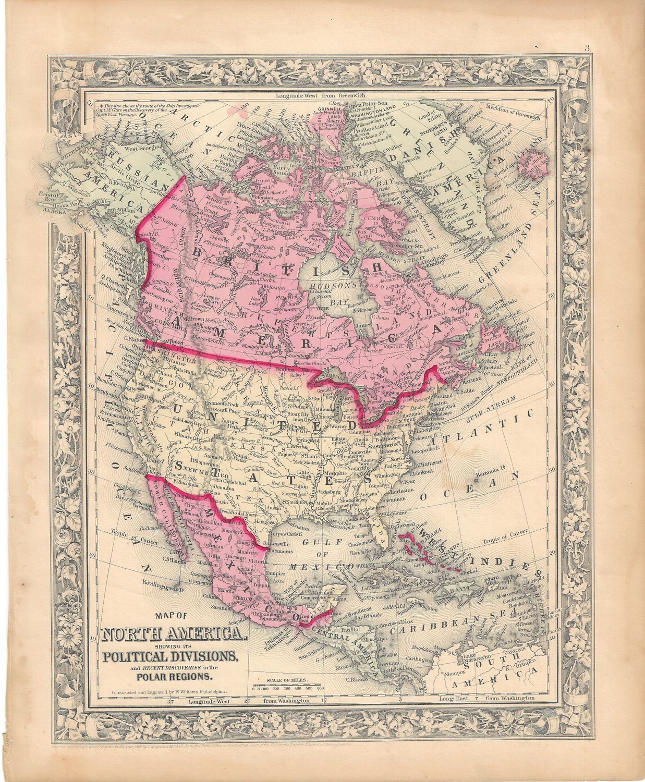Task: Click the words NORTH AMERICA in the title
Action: tap(172, 634)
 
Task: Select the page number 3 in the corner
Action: tap(585, 50)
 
